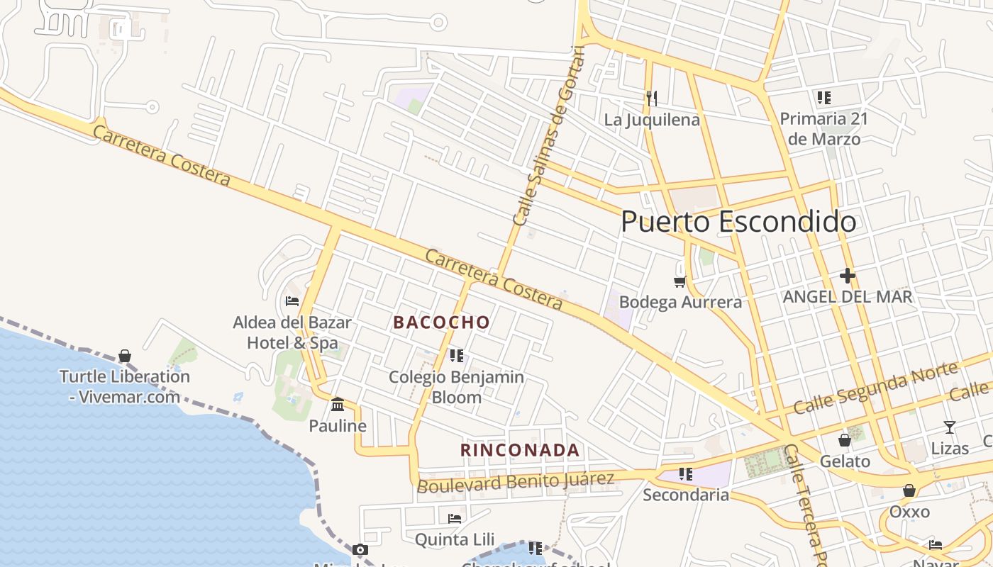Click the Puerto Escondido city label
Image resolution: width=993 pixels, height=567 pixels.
click(738, 222)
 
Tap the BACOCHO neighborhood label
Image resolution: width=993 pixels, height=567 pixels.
click(442, 322)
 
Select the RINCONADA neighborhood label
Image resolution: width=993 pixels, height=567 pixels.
click(520, 450)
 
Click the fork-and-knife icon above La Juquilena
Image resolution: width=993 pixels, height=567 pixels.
click(651, 98)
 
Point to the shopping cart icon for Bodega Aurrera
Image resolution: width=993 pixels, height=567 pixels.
click(680, 281)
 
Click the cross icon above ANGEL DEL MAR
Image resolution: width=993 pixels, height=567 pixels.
click(847, 276)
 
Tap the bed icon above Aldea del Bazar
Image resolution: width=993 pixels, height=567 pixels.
click(292, 301)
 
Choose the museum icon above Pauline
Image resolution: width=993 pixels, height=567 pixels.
click(338, 405)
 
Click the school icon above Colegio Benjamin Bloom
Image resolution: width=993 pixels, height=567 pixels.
click(456, 355)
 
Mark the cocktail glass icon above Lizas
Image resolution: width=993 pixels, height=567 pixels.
click(950, 427)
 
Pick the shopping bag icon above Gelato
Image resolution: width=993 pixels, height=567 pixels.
click(844, 440)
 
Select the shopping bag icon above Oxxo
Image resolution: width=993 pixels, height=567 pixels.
click(909, 490)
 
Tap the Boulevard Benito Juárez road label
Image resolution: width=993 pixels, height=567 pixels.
click(516, 482)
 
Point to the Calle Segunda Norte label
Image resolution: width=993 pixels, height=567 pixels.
click(875, 388)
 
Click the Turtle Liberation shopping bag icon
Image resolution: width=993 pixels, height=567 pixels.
click(125, 355)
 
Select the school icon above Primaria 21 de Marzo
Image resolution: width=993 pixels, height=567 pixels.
click(823, 97)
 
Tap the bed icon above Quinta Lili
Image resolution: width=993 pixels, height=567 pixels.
click(455, 519)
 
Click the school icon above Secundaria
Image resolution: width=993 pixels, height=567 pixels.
click(685, 473)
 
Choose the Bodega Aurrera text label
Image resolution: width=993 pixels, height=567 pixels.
click(680, 302)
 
